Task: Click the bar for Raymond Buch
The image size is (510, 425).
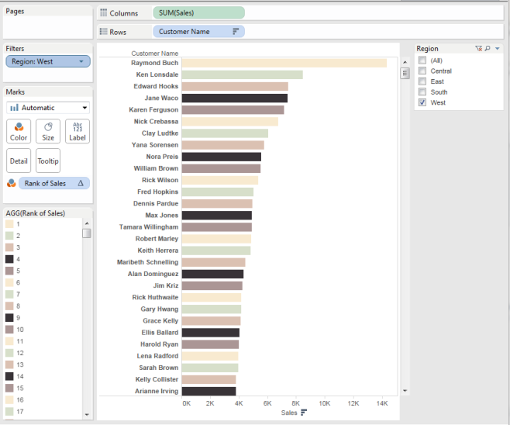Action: coord(284,63)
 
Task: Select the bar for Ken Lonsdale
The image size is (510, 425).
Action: coord(242,74)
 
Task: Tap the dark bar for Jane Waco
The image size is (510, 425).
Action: coord(234,98)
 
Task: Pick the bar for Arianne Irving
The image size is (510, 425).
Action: coord(208,391)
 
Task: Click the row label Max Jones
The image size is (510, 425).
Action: coord(161,216)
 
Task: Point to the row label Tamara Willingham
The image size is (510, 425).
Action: coord(149,227)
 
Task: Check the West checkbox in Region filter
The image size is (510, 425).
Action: coord(422,102)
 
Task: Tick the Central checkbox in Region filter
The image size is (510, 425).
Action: coord(422,71)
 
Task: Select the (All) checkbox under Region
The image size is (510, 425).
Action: coord(422,60)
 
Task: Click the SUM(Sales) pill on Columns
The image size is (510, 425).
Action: coord(199,13)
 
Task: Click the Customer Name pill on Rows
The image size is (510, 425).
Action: coord(198,32)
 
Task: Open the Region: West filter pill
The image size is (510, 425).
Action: coord(47,61)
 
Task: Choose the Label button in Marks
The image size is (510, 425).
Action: coord(77,131)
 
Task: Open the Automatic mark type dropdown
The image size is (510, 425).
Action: coord(47,108)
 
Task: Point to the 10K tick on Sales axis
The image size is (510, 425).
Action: coord(325,403)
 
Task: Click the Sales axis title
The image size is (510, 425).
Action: coord(289,413)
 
